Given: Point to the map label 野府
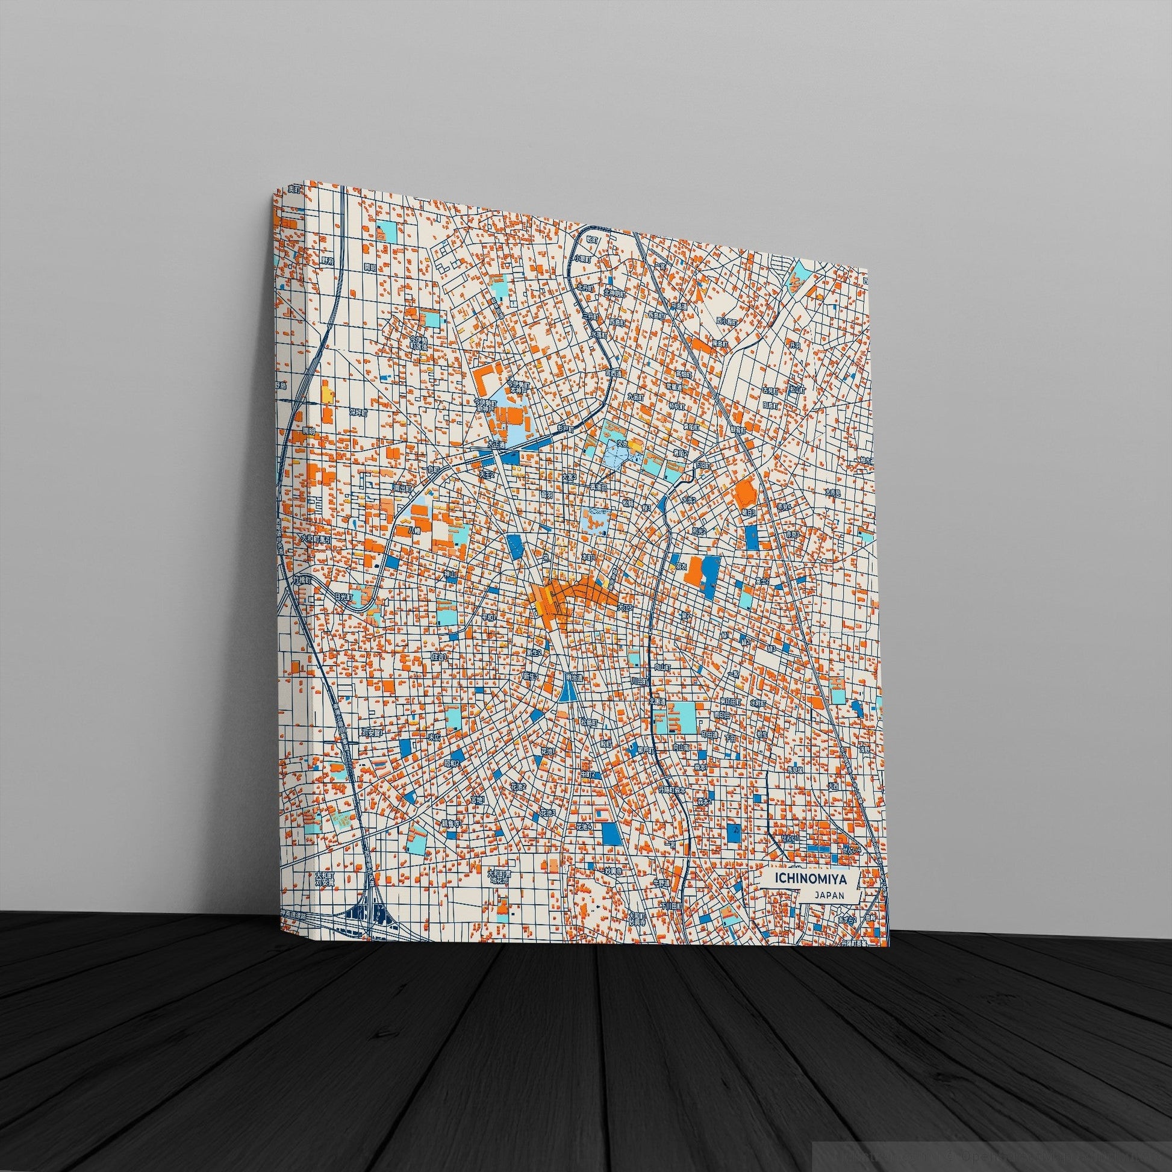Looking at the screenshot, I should [328, 260].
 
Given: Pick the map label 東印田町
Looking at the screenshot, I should [729, 701].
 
